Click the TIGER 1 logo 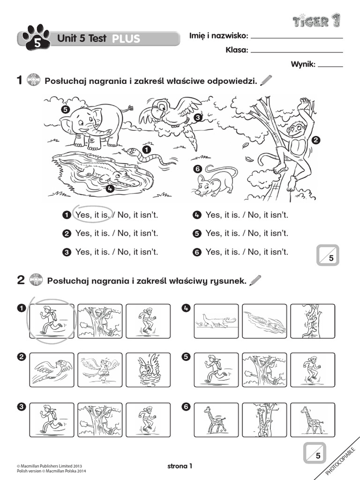[x=316, y=21]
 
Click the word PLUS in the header [x=127, y=39]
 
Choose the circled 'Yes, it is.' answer [x=93, y=215]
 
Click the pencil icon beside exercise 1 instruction [x=265, y=81]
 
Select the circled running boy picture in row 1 [x=52, y=321]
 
